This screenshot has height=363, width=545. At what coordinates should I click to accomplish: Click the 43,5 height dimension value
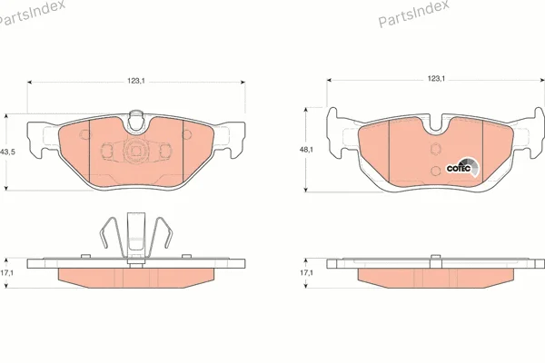point(7,152)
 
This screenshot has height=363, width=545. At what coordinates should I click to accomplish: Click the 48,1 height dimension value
point(307,150)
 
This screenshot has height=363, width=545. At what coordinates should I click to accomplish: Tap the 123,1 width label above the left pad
point(135,81)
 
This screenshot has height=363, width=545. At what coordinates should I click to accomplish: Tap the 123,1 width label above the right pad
point(436,79)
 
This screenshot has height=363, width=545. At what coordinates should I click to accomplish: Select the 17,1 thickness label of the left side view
point(6,273)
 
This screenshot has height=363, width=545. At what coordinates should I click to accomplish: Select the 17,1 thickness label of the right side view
point(307,273)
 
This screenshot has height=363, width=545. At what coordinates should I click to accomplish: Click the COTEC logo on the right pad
point(462,167)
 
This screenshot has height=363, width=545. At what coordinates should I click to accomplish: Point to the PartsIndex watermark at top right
point(413,13)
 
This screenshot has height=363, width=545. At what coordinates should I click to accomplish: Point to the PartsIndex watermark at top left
point(32,14)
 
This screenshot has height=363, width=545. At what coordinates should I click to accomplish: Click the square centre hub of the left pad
point(134,151)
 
